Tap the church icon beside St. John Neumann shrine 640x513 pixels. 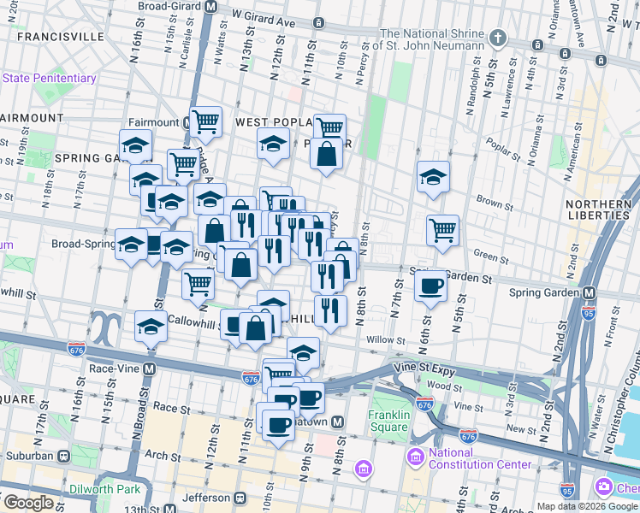tap(500, 39)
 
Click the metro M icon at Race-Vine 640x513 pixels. tap(149, 369)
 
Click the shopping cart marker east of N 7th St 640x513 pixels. tap(442, 229)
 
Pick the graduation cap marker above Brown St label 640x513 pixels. tap(433, 177)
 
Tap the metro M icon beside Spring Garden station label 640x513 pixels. tap(589, 292)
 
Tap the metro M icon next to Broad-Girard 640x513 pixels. tap(210, 5)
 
